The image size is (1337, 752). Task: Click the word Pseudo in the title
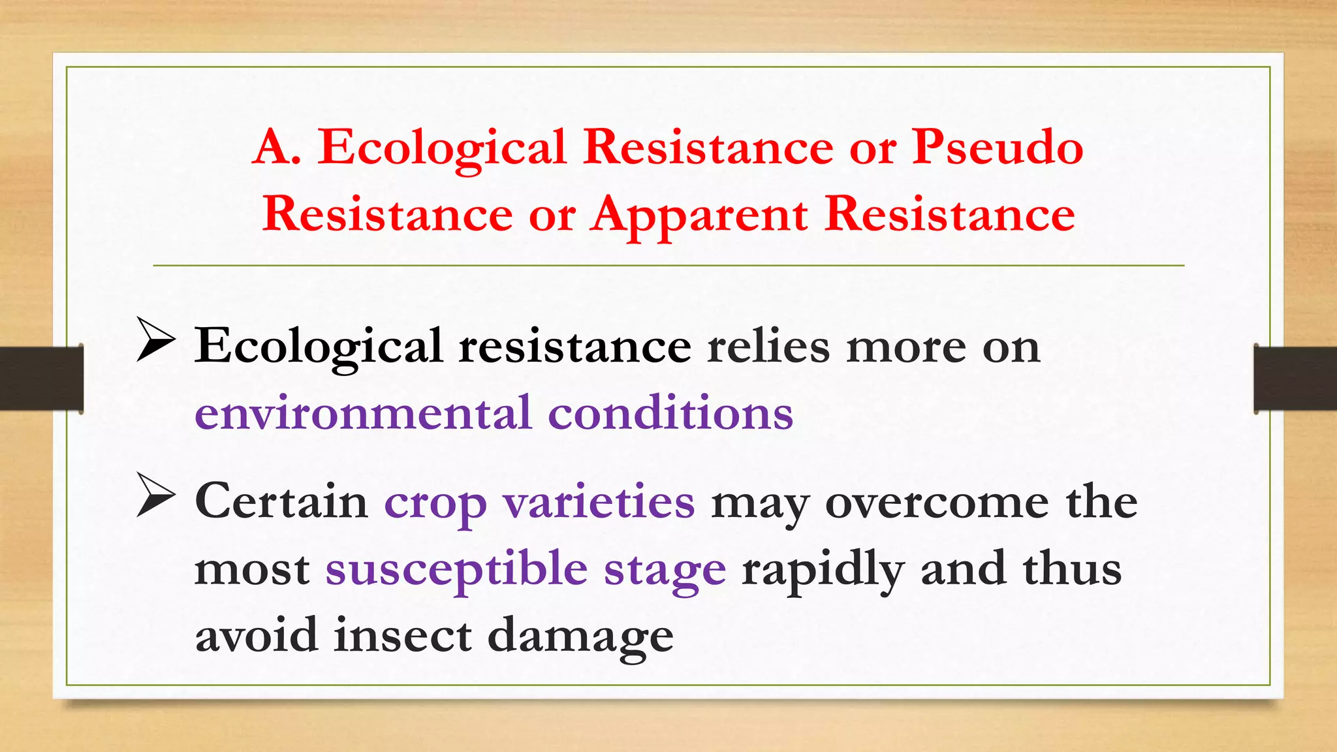click(997, 147)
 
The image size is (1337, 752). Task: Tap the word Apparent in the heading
click(699, 216)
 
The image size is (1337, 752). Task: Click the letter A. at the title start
click(277, 147)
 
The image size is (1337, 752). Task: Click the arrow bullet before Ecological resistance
click(155, 339)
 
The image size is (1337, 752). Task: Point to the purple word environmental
click(363, 413)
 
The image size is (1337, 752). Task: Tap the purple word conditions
click(670, 413)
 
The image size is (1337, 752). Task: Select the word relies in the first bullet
click(768, 346)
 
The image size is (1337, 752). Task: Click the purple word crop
click(435, 504)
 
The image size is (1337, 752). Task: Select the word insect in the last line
click(402, 635)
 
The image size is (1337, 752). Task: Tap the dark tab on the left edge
click(41, 379)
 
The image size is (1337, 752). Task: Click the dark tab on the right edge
click(1295, 379)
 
